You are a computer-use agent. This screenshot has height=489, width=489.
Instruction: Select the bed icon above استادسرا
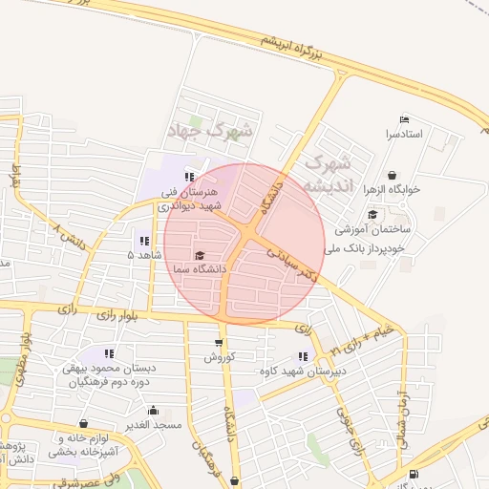tap(404, 120)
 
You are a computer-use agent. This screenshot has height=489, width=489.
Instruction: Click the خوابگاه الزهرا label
tap(393, 190)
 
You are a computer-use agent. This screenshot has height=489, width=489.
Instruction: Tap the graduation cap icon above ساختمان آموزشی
tap(372, 214)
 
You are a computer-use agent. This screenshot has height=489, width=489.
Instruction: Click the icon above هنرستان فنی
tap(189, 177)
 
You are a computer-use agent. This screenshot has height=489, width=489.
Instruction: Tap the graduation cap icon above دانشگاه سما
tap(200, 255)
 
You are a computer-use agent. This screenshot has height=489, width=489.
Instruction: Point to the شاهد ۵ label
tap(144, 256)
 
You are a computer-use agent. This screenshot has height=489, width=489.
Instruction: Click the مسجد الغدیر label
tap(152, 423)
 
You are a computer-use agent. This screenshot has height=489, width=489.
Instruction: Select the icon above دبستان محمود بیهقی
tap(110, 353)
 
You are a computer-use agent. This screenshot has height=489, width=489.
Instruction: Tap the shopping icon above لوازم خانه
tap(83, 423)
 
